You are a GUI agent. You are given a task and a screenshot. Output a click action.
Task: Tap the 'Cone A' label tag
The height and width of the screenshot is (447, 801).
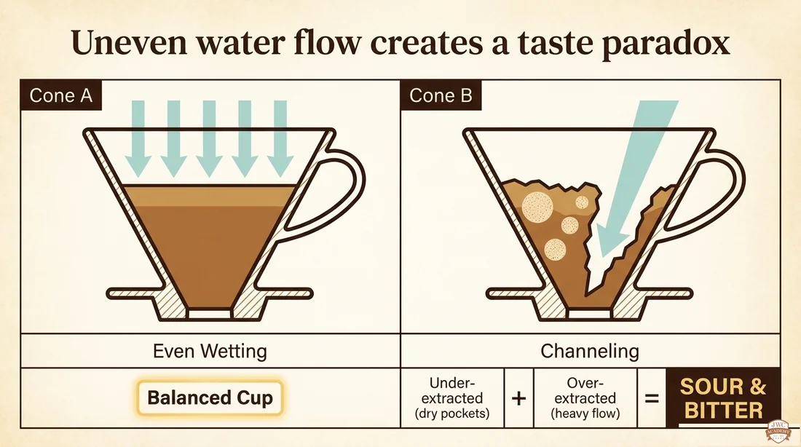click(60, 95)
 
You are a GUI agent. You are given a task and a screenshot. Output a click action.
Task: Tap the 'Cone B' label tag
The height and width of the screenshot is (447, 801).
click(441, 95)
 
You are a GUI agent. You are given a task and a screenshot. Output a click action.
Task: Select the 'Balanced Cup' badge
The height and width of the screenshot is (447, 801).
click(210, 397)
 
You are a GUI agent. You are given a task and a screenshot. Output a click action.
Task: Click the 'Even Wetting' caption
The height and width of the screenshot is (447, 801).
click(210, 351)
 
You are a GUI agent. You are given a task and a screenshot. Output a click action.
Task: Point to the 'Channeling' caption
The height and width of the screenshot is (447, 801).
click(590, 351)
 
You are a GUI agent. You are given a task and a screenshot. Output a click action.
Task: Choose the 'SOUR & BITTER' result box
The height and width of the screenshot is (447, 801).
click(723, 398)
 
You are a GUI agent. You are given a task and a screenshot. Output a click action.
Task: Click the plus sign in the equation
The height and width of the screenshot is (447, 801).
click(518, 398)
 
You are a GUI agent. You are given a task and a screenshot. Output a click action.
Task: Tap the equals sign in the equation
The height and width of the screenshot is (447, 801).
click(652, 398)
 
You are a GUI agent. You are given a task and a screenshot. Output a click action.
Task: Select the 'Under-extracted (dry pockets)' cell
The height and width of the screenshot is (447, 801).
click(452, 398)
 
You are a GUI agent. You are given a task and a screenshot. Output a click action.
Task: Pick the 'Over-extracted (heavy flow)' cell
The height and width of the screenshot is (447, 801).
click(585, 398)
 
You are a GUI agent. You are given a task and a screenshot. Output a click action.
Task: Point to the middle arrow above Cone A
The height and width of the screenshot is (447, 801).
click(209, 138)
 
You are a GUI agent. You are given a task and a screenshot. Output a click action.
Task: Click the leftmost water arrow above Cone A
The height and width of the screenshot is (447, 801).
click(138, 138)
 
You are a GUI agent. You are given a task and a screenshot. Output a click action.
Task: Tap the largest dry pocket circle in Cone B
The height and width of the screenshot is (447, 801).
click(537, 207)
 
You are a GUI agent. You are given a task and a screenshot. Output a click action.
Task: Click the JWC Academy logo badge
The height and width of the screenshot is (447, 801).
click(777, 432)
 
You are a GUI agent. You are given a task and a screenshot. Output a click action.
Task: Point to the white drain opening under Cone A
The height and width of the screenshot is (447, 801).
click(210, 314)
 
